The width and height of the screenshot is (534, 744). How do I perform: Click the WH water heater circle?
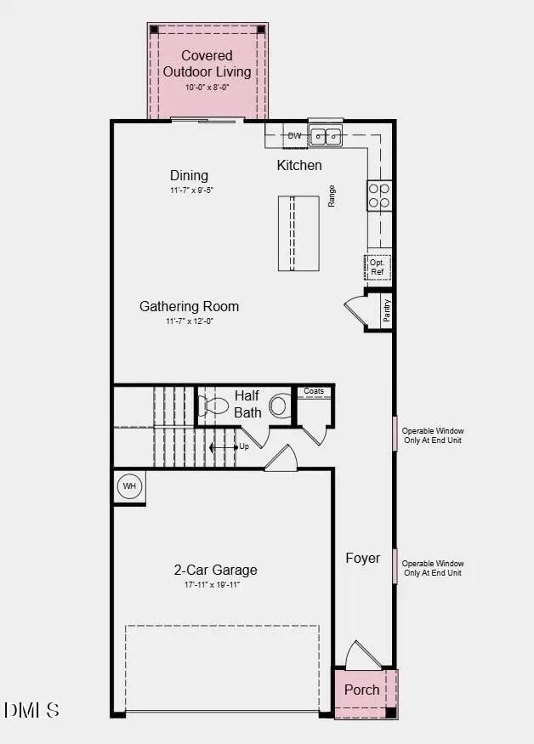click(x=129, y=486)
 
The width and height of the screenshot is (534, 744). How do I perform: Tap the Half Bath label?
click(x=247, y=405)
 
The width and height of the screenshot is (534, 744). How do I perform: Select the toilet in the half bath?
click(x=279, y=406)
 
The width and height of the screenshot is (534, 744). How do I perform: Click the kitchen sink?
click(x=326, y=135)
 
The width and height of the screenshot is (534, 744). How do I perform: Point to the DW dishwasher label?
click(x=294, y=135)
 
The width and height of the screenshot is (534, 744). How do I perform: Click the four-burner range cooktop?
click(x=379, y=196)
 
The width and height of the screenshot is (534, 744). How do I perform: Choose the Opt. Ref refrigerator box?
click(x=378, y=268)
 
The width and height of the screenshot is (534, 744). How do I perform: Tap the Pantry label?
click(x=387, y=310)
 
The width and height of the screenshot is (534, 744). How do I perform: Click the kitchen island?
click(x=298, y=233)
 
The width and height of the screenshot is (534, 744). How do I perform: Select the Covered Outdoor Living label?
click(x=207, y=64)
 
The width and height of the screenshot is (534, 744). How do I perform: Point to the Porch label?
click(x=361, y=689)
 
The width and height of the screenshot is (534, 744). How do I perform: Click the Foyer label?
click(x=362, y=558)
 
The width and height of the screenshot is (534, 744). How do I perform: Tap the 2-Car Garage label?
click(x=215, y=570)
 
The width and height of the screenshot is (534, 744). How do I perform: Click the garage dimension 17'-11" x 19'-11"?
click(x=215, y=585)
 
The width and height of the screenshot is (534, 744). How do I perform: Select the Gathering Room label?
click(x=189, y=306)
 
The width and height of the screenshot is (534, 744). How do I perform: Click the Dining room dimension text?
click(x=189, y=190)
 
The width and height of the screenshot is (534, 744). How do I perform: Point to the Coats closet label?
click(x=314, y=391)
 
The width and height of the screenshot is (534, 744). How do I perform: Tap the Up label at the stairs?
click(x=244, y=446)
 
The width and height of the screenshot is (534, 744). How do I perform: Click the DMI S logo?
click(x=31, y=709)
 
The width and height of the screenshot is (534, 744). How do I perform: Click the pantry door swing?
click(x=355, y=310)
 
